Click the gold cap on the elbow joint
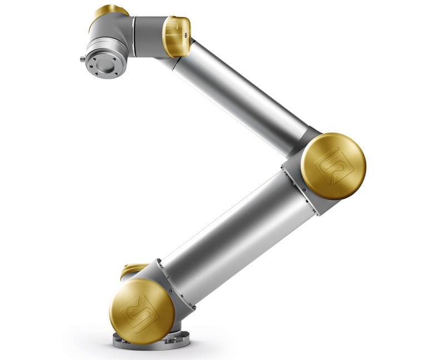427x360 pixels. [x=334, y=166]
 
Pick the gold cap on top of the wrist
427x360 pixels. [x=110, y=12]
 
